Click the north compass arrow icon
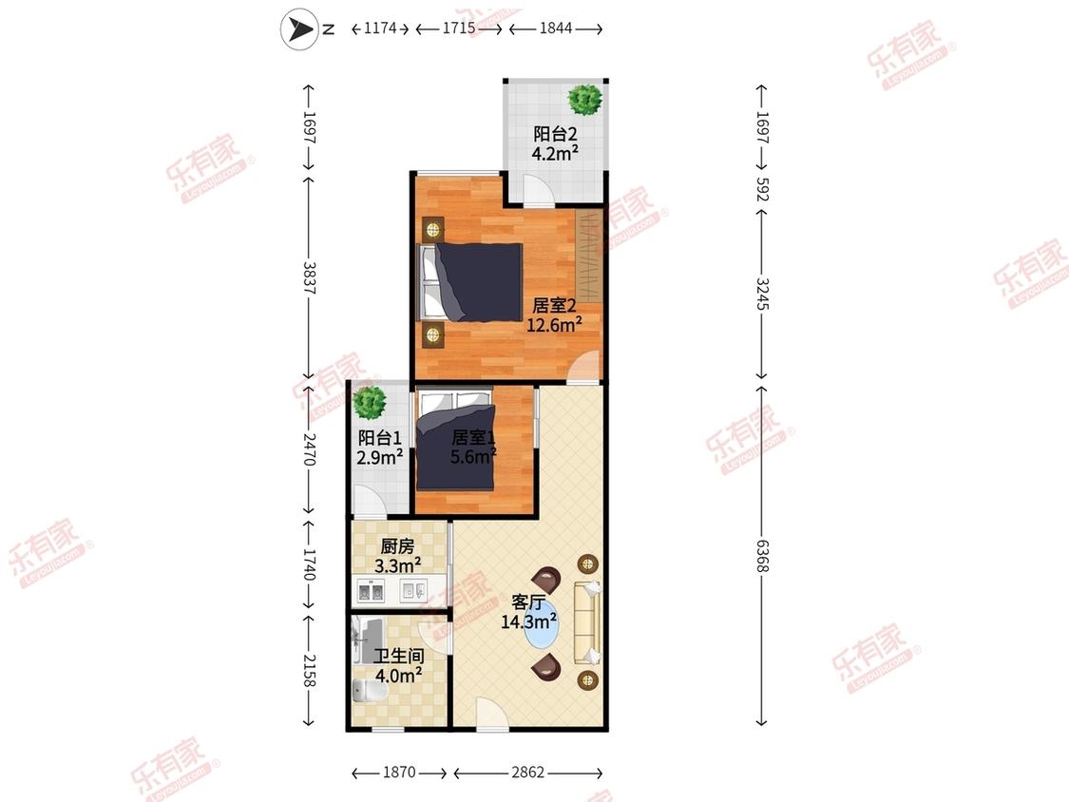click(x=299, y=29)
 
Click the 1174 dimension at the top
click(x=380, y=28)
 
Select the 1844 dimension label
click(x=556, y=28)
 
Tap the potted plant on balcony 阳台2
click(x=585, y=100)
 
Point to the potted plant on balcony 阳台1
click(x=371, y=402)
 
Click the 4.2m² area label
click(x=555, y=153)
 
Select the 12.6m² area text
click(x=554, y=324)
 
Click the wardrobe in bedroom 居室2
click(x=588, y=256)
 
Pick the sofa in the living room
click(x=587, y=622)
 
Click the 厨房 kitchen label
click(x=397, y=546)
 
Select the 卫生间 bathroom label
click(x=399, y=656)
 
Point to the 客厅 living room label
click(x=528, y=602)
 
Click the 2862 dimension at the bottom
click(x=528, y=772)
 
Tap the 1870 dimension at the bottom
click(x=399, y=772)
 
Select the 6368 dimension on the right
click(x=762, y=556)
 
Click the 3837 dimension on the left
click(x=310, y=277)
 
